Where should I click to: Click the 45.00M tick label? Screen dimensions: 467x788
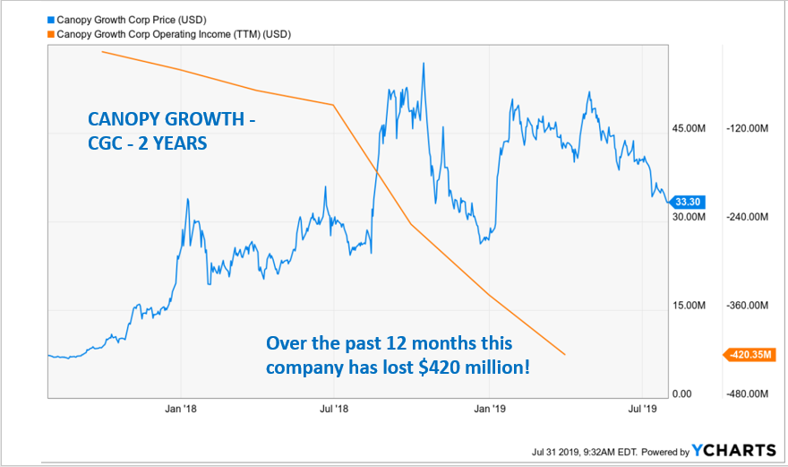pyautogui.click(x=689, y=129)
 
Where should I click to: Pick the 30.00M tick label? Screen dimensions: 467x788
pyautogui.click(x=689, y=218)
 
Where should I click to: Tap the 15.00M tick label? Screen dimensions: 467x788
pyautogui.click(x=689, y=306)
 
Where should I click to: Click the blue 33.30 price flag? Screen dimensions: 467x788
pyautogui.click(x=686, y=202)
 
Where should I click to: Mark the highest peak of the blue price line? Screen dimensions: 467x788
pyautogui.click(x=423, y=64)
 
